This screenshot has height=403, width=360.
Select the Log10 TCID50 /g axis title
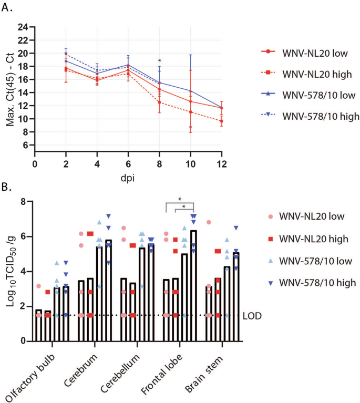[x=9, y=271]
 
